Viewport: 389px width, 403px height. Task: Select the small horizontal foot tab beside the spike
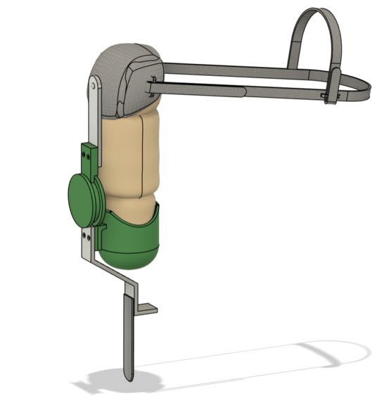pos(149,309)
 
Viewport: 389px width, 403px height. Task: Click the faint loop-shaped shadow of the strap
pos(331,355)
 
